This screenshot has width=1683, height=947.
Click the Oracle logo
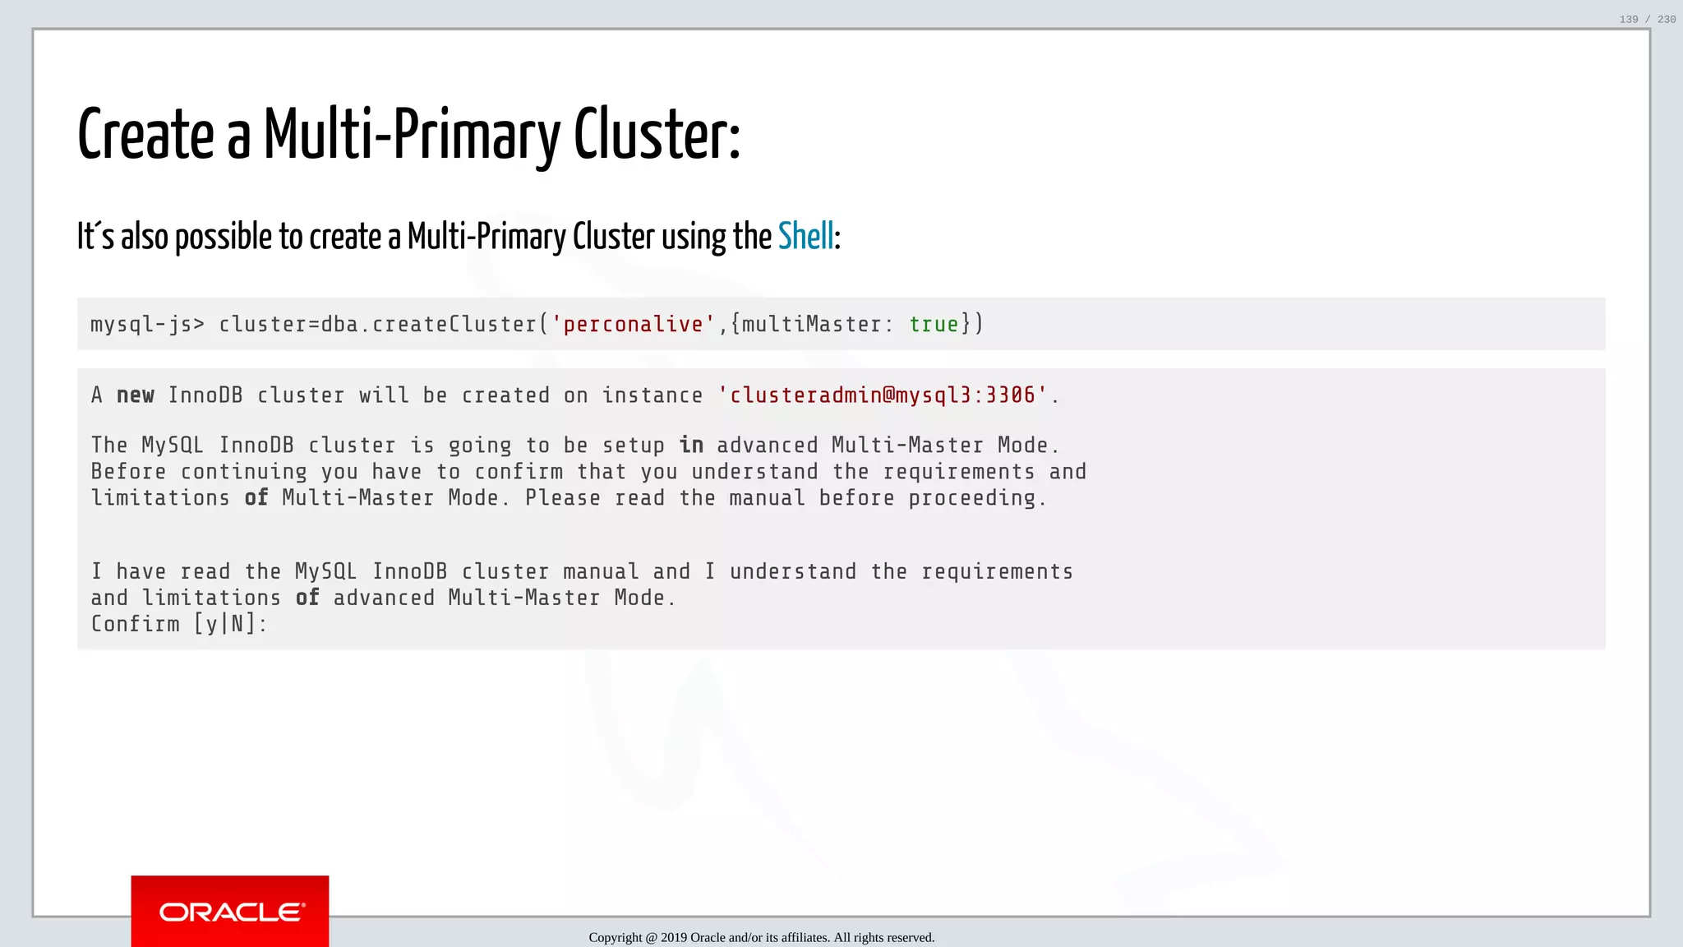(x=231, y=912)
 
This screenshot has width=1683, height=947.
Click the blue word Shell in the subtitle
(x=805, y=237)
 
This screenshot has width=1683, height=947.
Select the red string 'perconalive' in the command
(x=633, y=325)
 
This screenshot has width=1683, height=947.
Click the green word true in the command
(x=934, y=325)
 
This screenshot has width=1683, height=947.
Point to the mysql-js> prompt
(x=147, y=325)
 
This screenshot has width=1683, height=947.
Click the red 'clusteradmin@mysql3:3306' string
(x=883, y=395)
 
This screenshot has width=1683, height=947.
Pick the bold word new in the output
(x=136, y=395)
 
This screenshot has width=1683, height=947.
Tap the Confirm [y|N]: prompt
(x=179, y=624)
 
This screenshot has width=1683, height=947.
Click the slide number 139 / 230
(x=1647, y=19)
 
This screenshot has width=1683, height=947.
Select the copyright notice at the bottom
(x=761, y=937)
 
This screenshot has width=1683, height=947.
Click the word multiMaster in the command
(x=811, y=325)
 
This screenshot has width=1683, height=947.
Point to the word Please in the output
(x=562, y=498)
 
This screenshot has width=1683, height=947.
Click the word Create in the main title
(x=146, y=135)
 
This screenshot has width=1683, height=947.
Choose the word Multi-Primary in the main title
(x=412, y=135)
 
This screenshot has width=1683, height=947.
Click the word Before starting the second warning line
(x=128, y=472)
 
